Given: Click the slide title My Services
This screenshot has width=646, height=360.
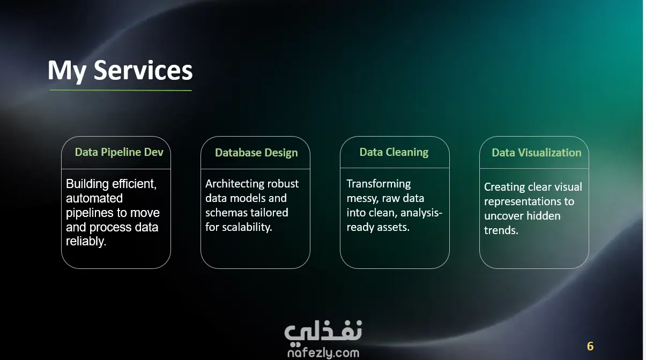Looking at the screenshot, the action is click(x=120, y=70).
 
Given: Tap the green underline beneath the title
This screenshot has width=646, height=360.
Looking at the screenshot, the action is click(x=121, y=90).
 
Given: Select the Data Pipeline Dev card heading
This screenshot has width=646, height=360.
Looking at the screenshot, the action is click(x=119, y=152).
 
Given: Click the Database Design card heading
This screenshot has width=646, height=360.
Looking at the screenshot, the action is click(x=256, y=153).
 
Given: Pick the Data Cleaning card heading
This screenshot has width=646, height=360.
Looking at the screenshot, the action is click(x=394, y=152).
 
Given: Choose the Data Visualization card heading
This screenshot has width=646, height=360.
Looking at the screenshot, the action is click(x=537, y=153).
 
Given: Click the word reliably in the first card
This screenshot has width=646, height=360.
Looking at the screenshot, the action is click(x=86, y=241).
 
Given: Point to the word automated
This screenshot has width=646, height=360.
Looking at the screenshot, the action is click(x=94, y=198).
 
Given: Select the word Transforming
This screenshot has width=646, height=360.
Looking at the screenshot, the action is click(x=378, y=184).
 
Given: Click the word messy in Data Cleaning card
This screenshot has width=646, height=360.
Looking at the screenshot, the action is click(x=362, y=199).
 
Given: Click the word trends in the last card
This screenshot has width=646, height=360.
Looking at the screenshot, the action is click(x=501, y=230).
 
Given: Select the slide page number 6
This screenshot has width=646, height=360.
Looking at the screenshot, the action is click(x=590, y=346).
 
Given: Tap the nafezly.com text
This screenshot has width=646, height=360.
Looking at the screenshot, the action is click(x=323, y=353).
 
